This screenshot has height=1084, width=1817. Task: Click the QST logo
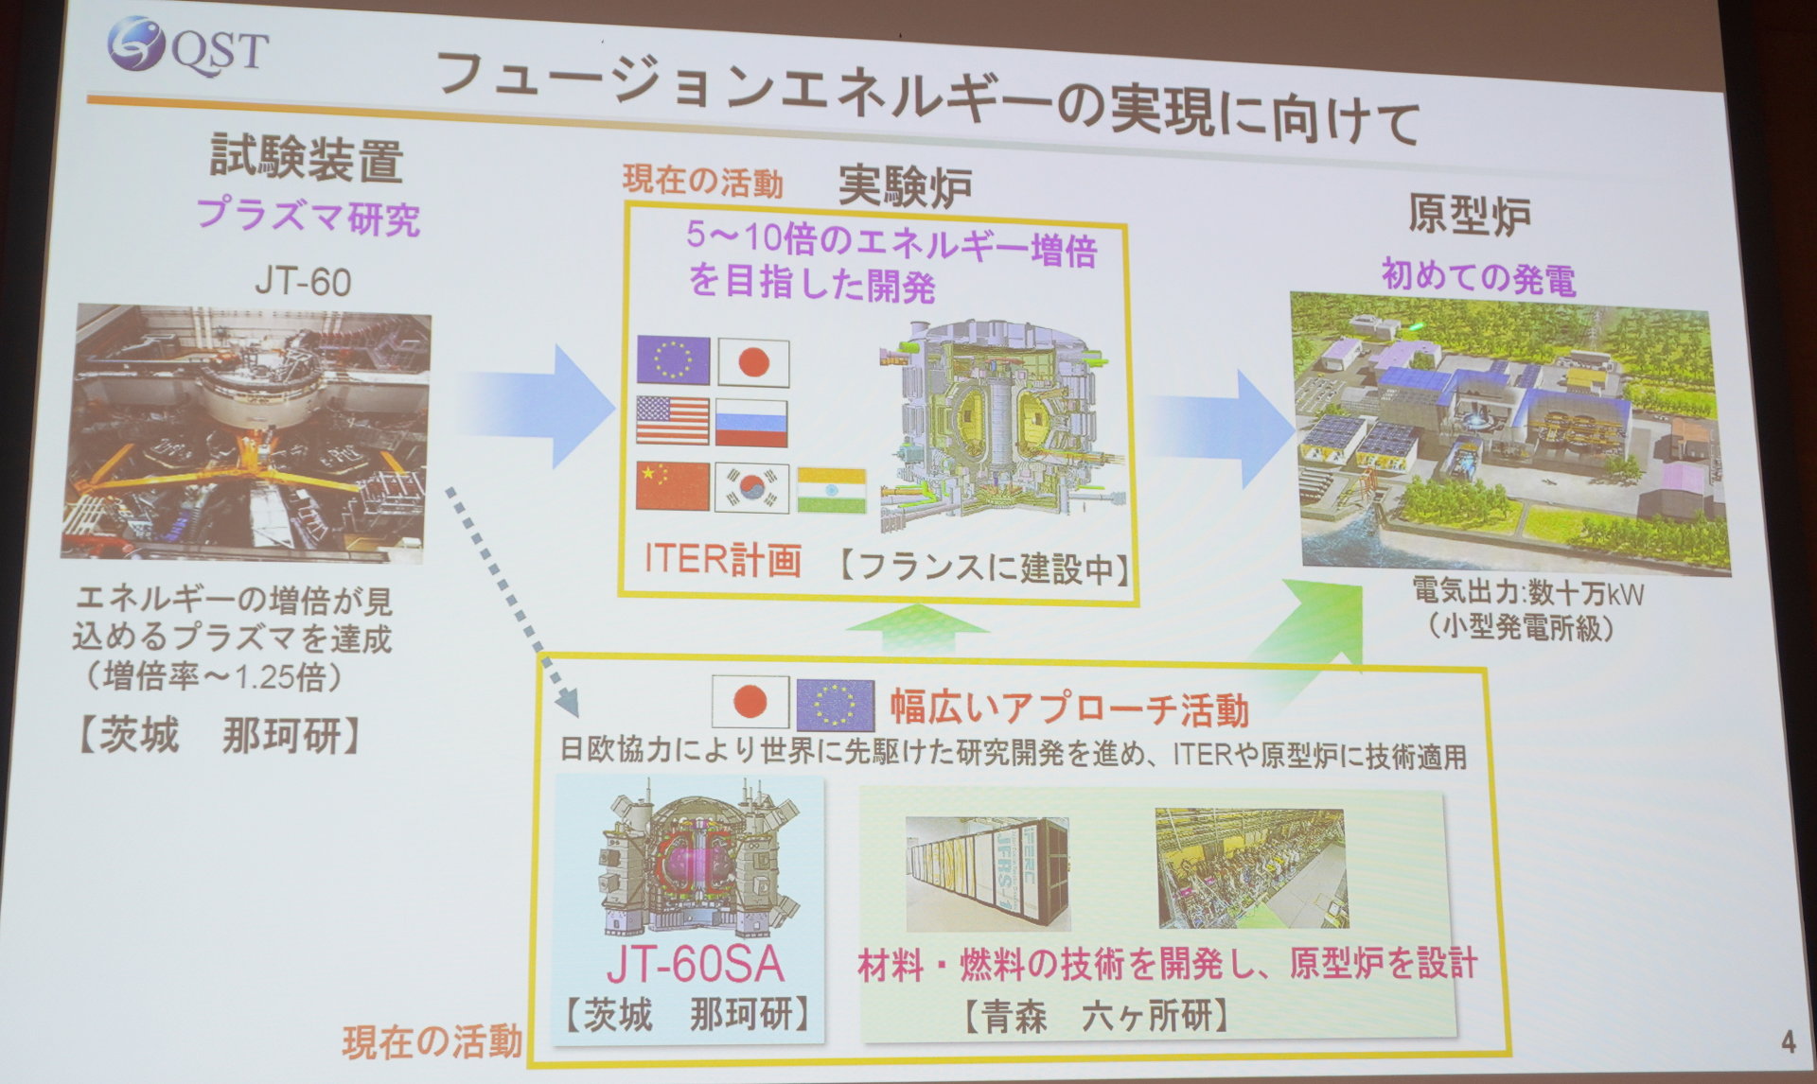(x=187, y=47)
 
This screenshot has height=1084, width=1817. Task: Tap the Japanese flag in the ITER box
(x=752, y=362)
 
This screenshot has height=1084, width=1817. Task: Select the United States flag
(x=672, y=420)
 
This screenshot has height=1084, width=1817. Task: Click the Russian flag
(x=750, y=422)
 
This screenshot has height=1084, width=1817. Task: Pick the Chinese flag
(x=673, y=485)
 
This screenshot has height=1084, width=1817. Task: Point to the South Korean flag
(x=751, y=486)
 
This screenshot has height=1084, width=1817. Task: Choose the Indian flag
(x=831, y=490)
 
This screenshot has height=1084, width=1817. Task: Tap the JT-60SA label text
(x=696, y=964)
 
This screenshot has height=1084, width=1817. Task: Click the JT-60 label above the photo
(x=303, y=281)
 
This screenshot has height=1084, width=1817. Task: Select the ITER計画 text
(x=723, y=559)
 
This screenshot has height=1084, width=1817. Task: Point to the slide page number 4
(x=1788, y=1042)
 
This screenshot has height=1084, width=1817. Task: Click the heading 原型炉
(x=1469, y=216)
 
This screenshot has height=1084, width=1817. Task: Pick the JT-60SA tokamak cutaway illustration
(x=696, y=861)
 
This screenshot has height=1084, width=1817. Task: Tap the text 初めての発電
(x=1478, y=277)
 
